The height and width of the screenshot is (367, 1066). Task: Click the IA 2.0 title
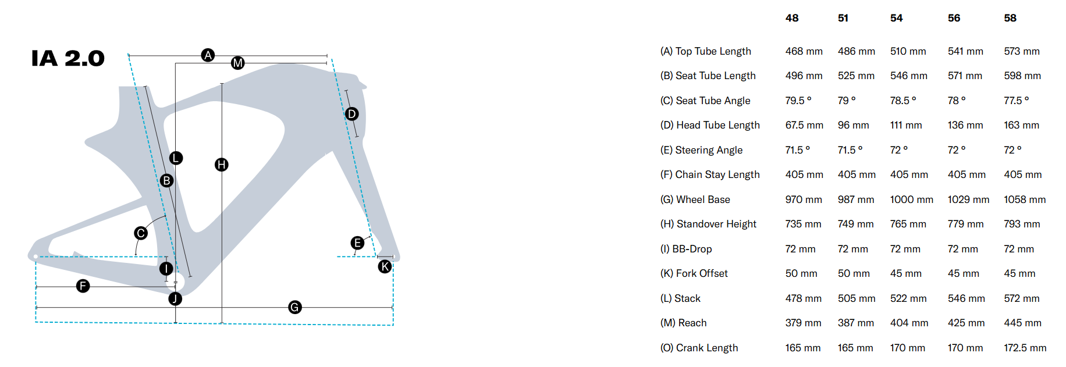coord(67,58)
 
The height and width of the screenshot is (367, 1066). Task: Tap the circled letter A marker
coord(208,55)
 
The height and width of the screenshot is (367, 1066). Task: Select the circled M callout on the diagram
coord(237,63)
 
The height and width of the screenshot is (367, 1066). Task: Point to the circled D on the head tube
coord(351,114)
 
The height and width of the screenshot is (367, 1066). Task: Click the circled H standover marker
coord(221,165)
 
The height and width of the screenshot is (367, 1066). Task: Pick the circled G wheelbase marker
coord(295,307)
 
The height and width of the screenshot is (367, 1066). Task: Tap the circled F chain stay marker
coord(83,286)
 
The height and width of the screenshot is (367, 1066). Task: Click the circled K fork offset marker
coord(385,266)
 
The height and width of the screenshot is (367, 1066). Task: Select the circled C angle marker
coord(141,233)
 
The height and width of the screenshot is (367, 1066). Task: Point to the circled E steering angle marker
coord(357,243)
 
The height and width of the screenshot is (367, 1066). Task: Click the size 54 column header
coord(896,18)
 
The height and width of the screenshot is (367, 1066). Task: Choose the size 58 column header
coord(1010,18)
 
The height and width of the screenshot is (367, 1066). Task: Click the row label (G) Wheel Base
coord(695,199)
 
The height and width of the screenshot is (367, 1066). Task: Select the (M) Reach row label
coord(683,323)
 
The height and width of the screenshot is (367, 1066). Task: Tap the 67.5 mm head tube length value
coord(804,125)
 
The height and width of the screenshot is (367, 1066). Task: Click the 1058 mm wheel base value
coord(1025,199)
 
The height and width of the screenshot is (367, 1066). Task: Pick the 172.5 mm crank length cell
coord(1025,348)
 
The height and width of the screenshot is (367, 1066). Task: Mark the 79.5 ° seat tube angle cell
coord(798,101)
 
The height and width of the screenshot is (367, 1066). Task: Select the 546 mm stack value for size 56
coord(966,298)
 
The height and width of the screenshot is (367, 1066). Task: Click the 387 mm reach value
coord(855,323)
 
